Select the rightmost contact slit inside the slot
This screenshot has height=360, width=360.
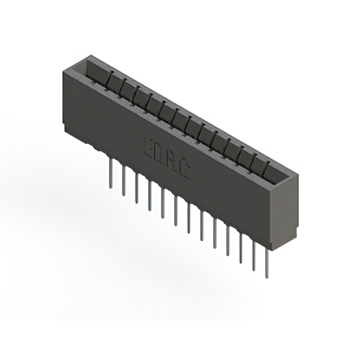267,166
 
